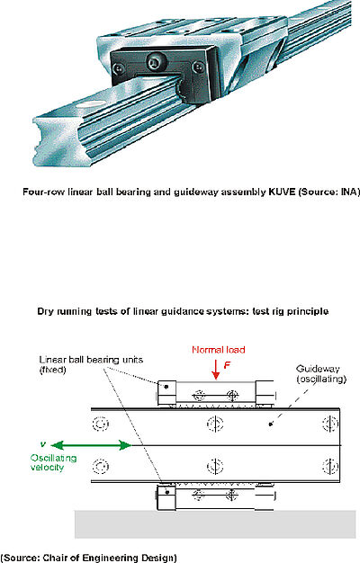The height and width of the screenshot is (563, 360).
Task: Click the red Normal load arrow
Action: [x=216, y=369]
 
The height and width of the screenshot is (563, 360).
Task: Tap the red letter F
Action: [x=227, y=365]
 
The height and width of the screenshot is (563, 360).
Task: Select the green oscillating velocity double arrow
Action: [x=91, y=445]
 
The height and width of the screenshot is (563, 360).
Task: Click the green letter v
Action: [x=43, y=444]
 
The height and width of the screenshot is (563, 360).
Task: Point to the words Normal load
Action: [x=219, y=350]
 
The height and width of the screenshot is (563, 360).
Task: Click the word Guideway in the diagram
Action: [x=318, y=369]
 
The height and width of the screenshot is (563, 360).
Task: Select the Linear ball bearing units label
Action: [x=91, y=364]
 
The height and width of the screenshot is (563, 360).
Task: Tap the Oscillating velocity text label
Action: [x=53, y=462]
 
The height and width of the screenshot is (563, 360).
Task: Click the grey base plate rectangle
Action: [x=215, y=524]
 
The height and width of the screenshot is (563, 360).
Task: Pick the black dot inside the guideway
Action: [x=271, y=424]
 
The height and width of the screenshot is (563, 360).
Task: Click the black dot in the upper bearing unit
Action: [x=166, y=387]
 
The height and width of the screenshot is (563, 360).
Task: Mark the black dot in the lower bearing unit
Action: [x=167, y=492]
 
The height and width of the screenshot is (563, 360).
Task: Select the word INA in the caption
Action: [x=348, y=192]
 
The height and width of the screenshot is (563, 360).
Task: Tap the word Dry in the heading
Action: [x=45, y=311]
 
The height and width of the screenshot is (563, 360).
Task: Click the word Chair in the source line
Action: [x=52, y=558]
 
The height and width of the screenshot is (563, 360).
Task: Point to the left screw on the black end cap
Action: [x=119, y=67]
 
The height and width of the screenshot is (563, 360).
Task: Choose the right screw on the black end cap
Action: [x=198, y=67]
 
